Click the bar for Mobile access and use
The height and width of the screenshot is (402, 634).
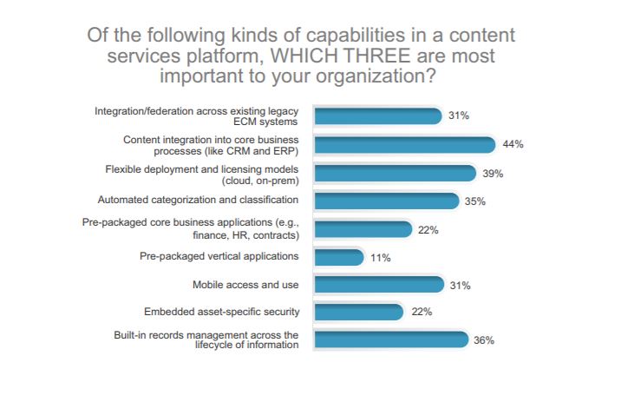pos(376,284)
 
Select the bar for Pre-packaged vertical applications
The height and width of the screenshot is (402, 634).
pos(338,257)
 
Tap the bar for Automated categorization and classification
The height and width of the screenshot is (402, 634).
pos(384,201)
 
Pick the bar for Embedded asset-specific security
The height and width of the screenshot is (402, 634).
pos(357,312)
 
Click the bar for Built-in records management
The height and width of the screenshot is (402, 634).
pos(389,339)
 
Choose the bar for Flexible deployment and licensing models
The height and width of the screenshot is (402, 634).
pos(394,173)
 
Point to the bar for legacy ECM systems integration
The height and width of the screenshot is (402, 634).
pos(376,116)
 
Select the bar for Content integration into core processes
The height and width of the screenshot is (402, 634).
pos(403,144)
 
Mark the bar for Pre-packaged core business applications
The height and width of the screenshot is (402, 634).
pos(362,229)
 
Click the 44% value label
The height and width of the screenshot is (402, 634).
pos(513,144)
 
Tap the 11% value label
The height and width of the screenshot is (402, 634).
pos(382,258)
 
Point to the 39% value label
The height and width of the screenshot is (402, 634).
pos(493,174)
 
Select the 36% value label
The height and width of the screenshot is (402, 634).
pos(484,340)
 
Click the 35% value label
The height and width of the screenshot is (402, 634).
pos(475,201)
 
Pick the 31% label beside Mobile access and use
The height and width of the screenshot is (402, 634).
pos(458,285)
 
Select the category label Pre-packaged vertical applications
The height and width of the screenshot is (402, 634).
pos(219,256)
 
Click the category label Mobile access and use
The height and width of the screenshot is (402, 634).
pos(245,284)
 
